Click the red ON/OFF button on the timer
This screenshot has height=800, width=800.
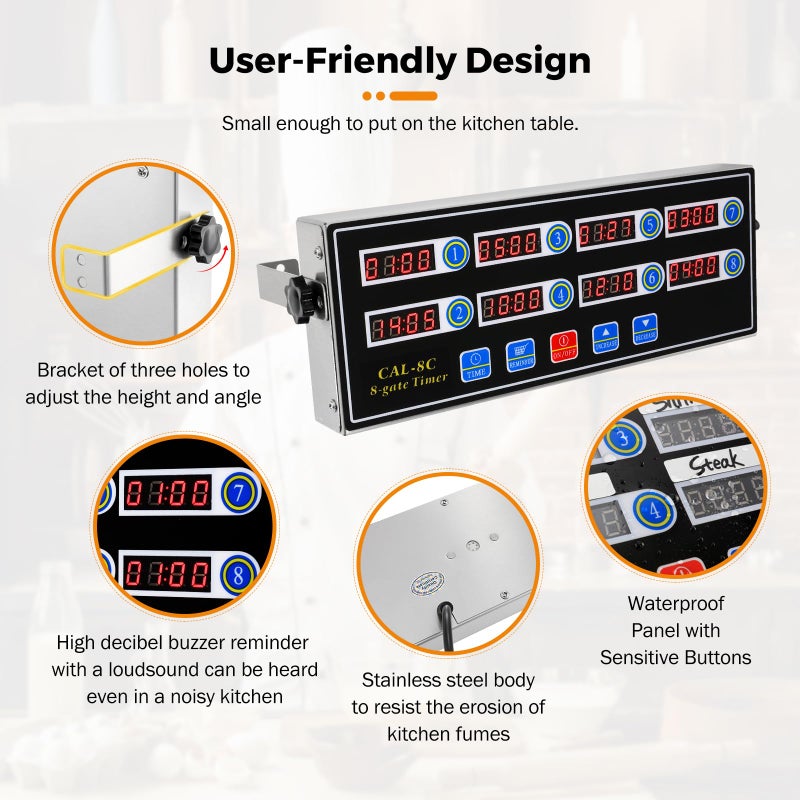tap(562, 347)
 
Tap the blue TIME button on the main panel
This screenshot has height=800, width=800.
tap(474, 364)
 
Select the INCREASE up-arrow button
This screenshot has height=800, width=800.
tap(605, 336)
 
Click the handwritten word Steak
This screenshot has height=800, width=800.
tap(717, 461)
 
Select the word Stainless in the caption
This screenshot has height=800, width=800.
tap(406, 681)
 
